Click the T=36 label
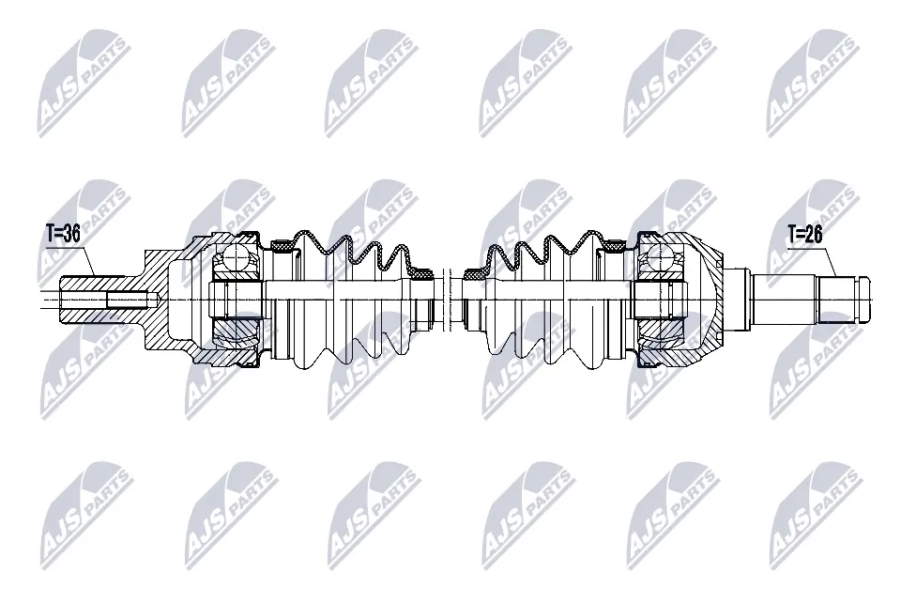coord(63,234)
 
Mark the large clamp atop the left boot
coord(282,247)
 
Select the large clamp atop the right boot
coord(616,246)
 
